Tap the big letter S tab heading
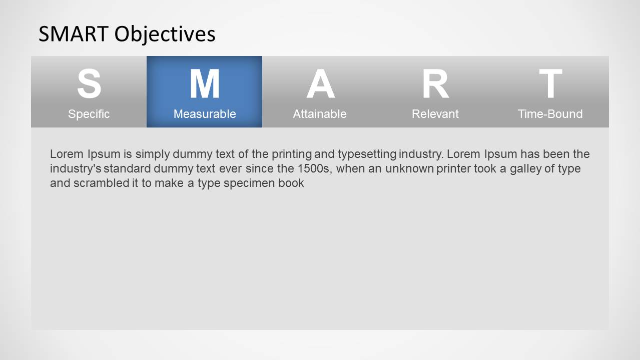pyautogui.click(x=89, y=84)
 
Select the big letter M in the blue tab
pyautogui.click(x=204, y=84)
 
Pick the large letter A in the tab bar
pyautogui.click(x=320, y=84)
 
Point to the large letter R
pyautogui.click(x=435, y=84)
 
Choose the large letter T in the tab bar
pyautogui.click(x=550, y=84)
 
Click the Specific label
pyautogui.click(x=89, y=114)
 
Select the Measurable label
pyautogui.click(x=204, y=114)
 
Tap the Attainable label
pyautogui.click(x=320, y=114)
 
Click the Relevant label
pyautogui.click(x=435, y=114)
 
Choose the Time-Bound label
pyautogui.click(x=550, y=114)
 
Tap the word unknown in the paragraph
pyautogui.click(x=409, y=168)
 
